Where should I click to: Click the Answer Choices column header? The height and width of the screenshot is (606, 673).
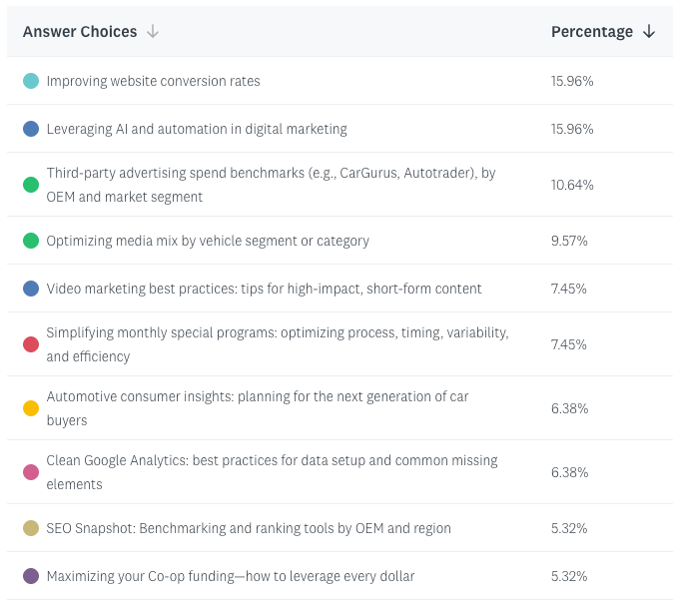coord(80,32)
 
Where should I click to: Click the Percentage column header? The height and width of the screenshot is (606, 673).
coord(592,32)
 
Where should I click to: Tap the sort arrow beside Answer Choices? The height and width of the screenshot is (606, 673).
coord(153,32)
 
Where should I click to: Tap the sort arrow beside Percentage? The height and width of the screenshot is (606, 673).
coord(649,32)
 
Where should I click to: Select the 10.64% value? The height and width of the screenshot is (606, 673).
coord(572,185)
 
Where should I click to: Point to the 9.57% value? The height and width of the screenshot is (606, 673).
coord(569,241)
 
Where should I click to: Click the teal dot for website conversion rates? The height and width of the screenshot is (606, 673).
coord(31,81)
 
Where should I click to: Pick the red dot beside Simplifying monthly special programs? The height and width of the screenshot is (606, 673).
coord(31,344)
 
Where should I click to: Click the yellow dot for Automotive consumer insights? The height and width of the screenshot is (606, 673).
coord(31,408)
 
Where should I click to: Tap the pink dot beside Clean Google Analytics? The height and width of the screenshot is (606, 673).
coord(31,472)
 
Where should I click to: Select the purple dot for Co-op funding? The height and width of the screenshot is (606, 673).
coord(31,576)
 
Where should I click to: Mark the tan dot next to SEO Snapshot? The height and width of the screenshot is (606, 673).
coord(31,528)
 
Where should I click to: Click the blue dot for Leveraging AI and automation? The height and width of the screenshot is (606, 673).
coord(31,129)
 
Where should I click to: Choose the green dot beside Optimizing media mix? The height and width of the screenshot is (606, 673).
coord(31,241)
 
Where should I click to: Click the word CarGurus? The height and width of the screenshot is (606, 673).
coord(370,173)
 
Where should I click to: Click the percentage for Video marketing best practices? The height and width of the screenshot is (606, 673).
coord(569,289)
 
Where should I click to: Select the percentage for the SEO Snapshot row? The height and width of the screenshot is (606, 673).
coord(569,528)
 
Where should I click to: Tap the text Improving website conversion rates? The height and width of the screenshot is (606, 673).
coord(153,81)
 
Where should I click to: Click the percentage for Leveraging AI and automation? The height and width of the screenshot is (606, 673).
coord(572,129)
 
